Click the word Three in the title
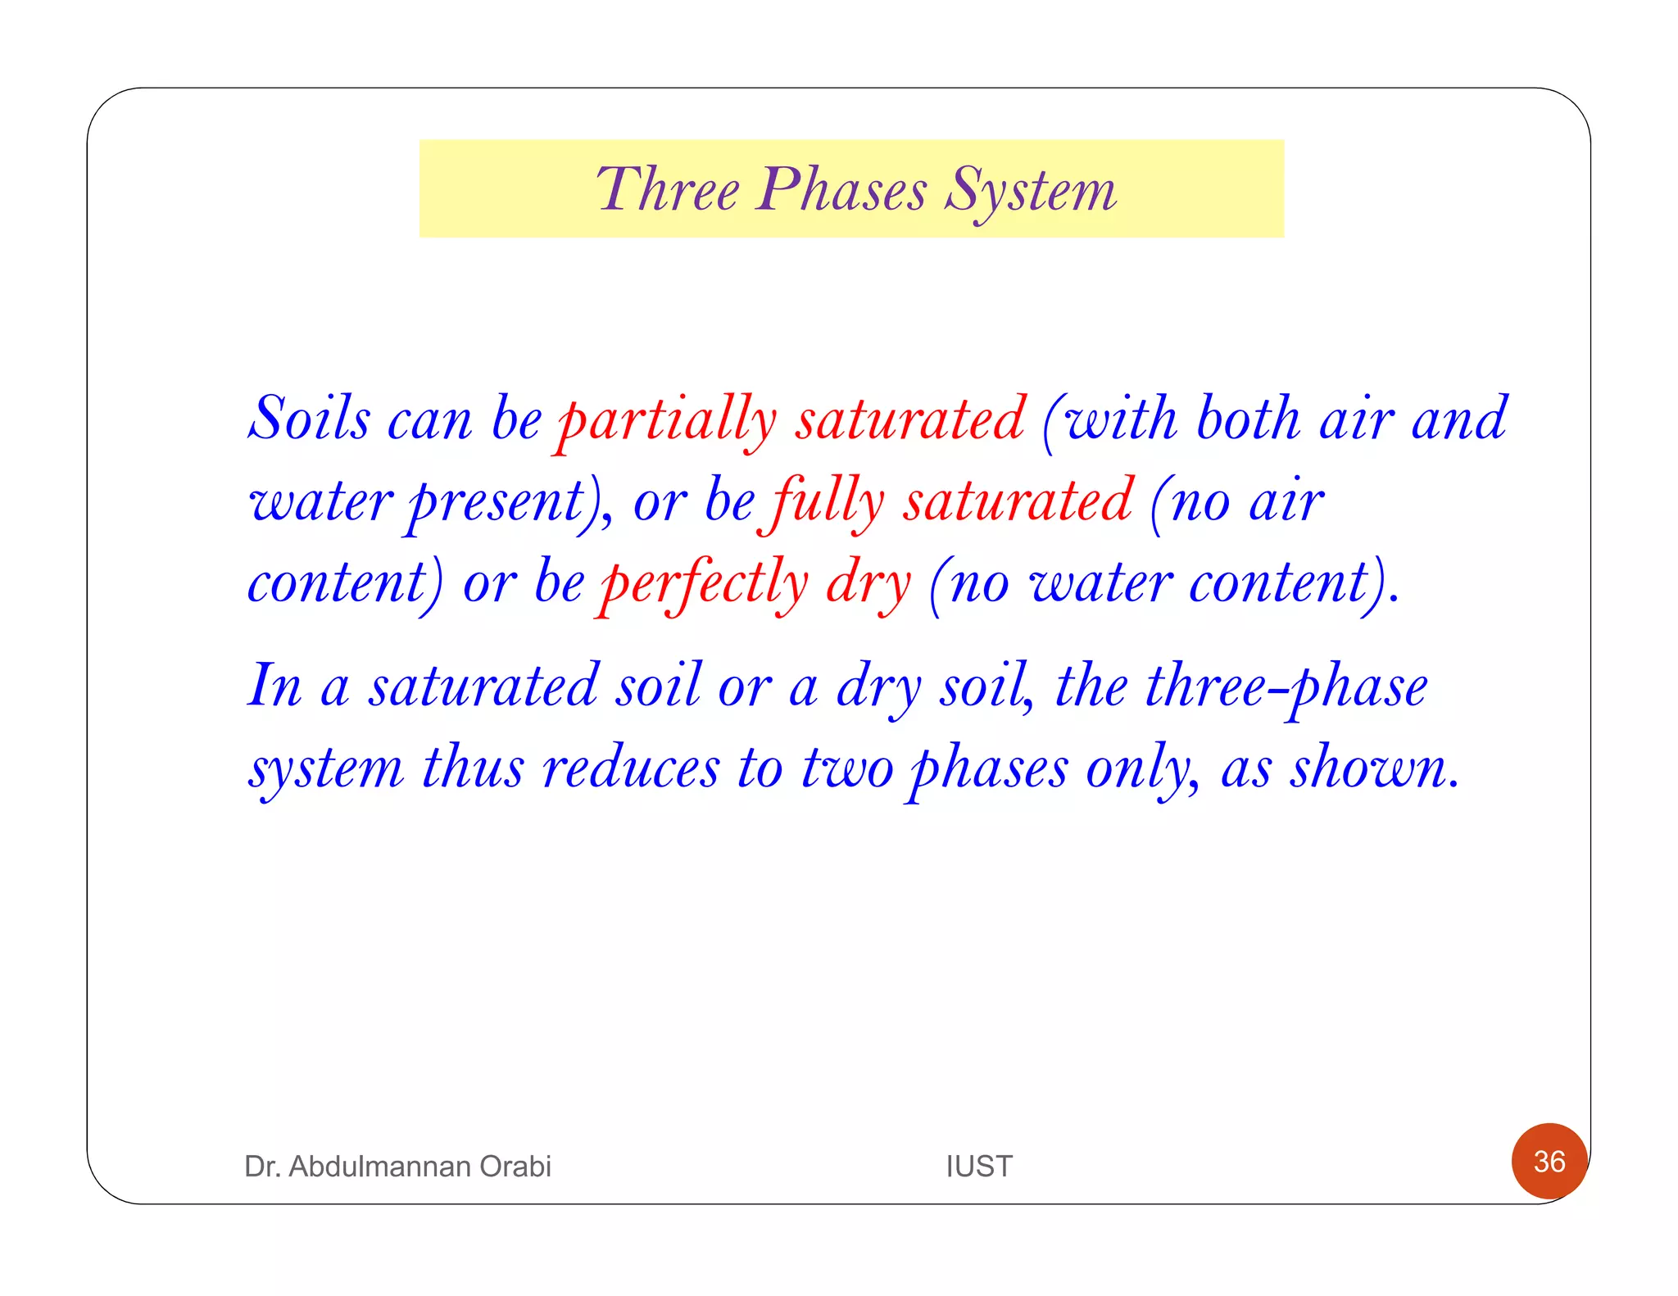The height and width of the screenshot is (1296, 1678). (668, 190)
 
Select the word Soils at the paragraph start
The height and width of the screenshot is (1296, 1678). (309, 419)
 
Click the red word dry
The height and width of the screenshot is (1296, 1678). (868, 584)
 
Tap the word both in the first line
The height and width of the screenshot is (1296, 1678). (1248, 419)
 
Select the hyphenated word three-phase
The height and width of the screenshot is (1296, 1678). (1286, 687)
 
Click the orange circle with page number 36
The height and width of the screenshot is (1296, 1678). (1549, 1161)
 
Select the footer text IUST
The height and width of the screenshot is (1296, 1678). (979, 1166)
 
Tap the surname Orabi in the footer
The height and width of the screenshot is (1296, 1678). (515, 1166)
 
